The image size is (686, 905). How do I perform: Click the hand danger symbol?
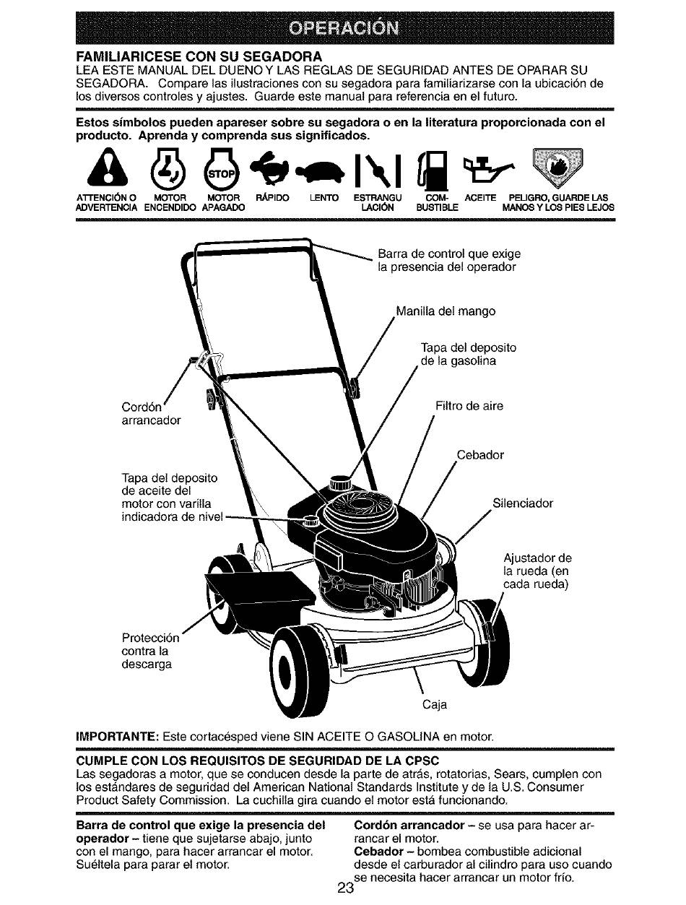(557, 168)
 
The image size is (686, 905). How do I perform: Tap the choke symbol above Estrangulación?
(377, 169)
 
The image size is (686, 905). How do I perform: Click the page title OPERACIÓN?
(344, 28)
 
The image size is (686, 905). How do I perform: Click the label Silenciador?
(522, 503)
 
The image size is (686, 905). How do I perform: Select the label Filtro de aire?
(469, 406)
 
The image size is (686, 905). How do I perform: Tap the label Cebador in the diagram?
(480, 455)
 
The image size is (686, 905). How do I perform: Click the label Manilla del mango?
(446, 311)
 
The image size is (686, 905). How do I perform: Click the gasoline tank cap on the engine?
(340, 482)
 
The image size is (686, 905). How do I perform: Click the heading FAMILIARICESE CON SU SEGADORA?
(199, 56)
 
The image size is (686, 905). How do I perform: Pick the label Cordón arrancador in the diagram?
(151, 414)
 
